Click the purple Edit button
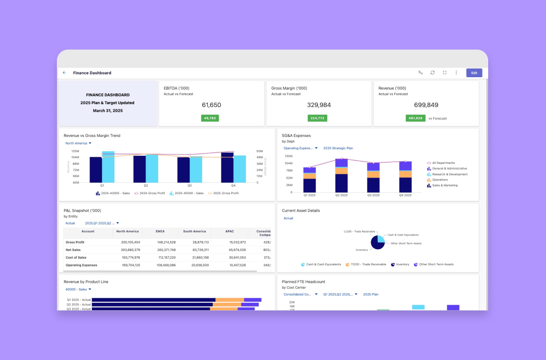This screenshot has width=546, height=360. click(x=474, y=73)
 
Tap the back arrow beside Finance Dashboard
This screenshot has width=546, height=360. click(x=64, y=73)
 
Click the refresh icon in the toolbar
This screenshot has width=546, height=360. click(x=433, y=73)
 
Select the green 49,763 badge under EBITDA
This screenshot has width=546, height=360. click(x=210, y=118)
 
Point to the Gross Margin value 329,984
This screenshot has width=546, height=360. click(x=319, y=105)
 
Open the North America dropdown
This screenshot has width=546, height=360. click(x=78, y=143)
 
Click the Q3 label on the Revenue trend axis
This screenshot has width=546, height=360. click(x=190, y=186)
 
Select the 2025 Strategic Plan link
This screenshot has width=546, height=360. click(x=338, y=148)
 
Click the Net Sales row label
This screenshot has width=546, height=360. click(x=73, y=250)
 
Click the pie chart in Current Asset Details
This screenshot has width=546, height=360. click(x=378, y=242)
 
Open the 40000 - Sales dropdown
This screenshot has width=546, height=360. click(x=78, y=289)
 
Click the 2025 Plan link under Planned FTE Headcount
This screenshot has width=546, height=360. click(x=371, y=295)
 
